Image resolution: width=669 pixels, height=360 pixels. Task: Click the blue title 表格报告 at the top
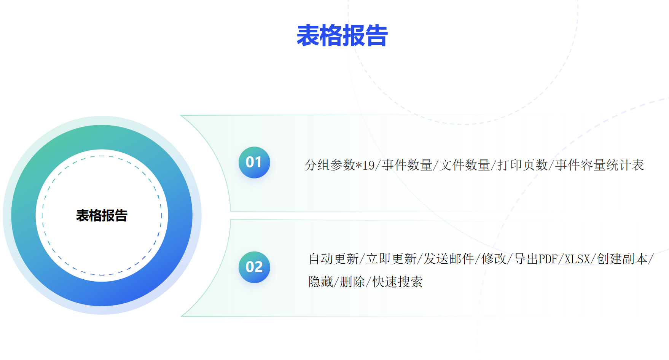(342, 36)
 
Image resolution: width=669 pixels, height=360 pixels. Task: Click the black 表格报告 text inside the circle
(102, 215)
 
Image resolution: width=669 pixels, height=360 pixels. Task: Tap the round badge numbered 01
(254, 162)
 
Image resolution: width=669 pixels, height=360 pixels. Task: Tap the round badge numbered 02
(254, 267)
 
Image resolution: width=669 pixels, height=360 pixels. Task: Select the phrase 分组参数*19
(340, 165)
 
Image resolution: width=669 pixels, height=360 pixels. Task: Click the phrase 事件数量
(407, 165)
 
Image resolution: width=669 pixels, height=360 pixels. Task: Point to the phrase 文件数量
(465, 165)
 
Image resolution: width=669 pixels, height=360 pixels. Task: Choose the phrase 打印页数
(522, 165)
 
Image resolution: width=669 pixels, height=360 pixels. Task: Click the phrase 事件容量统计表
(599, 165)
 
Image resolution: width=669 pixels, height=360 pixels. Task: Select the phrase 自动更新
(334, 259)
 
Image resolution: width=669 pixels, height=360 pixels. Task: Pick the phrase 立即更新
(391, 259)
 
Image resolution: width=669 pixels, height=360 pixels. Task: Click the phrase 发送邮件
(449, 259)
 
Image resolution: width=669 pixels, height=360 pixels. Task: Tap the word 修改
(494, 259)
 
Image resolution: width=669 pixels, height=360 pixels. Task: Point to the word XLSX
(577, 259)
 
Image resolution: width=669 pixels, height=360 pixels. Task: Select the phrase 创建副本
(622, 259)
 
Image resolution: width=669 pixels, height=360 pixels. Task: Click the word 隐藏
(321, 282)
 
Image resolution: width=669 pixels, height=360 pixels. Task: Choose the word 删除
(353, 282)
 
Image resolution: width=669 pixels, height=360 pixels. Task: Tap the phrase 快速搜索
(397, 282)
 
